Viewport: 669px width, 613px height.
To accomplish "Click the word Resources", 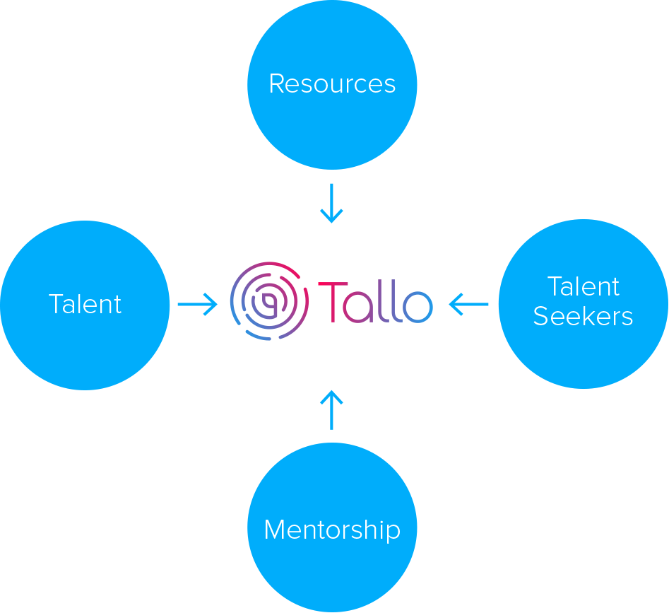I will [x=332, y=84].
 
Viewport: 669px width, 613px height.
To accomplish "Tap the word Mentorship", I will [x=332, y=530].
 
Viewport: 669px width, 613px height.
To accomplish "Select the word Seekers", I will [x=583, y=316].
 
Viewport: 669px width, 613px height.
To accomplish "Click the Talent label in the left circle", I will [x=85, y=304].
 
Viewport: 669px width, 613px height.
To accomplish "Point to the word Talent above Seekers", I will [x=584, y=286].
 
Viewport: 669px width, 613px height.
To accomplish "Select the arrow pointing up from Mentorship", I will [x=331, y=409].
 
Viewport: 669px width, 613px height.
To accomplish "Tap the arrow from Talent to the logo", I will [x=197, y=305].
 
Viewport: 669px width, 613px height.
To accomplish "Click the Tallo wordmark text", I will [x=375, y=302].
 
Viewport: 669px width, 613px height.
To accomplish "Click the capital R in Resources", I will [x=277, y=84].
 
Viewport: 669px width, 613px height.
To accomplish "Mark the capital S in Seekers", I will [x=540, y=316].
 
